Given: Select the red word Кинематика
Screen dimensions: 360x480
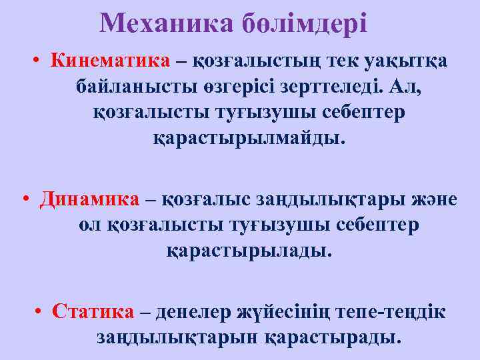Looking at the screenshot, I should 110,61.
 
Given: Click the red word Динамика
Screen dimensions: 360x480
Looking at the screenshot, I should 90,199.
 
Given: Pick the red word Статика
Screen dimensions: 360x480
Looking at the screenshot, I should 93,311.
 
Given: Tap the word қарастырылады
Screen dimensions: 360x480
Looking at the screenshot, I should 247,251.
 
